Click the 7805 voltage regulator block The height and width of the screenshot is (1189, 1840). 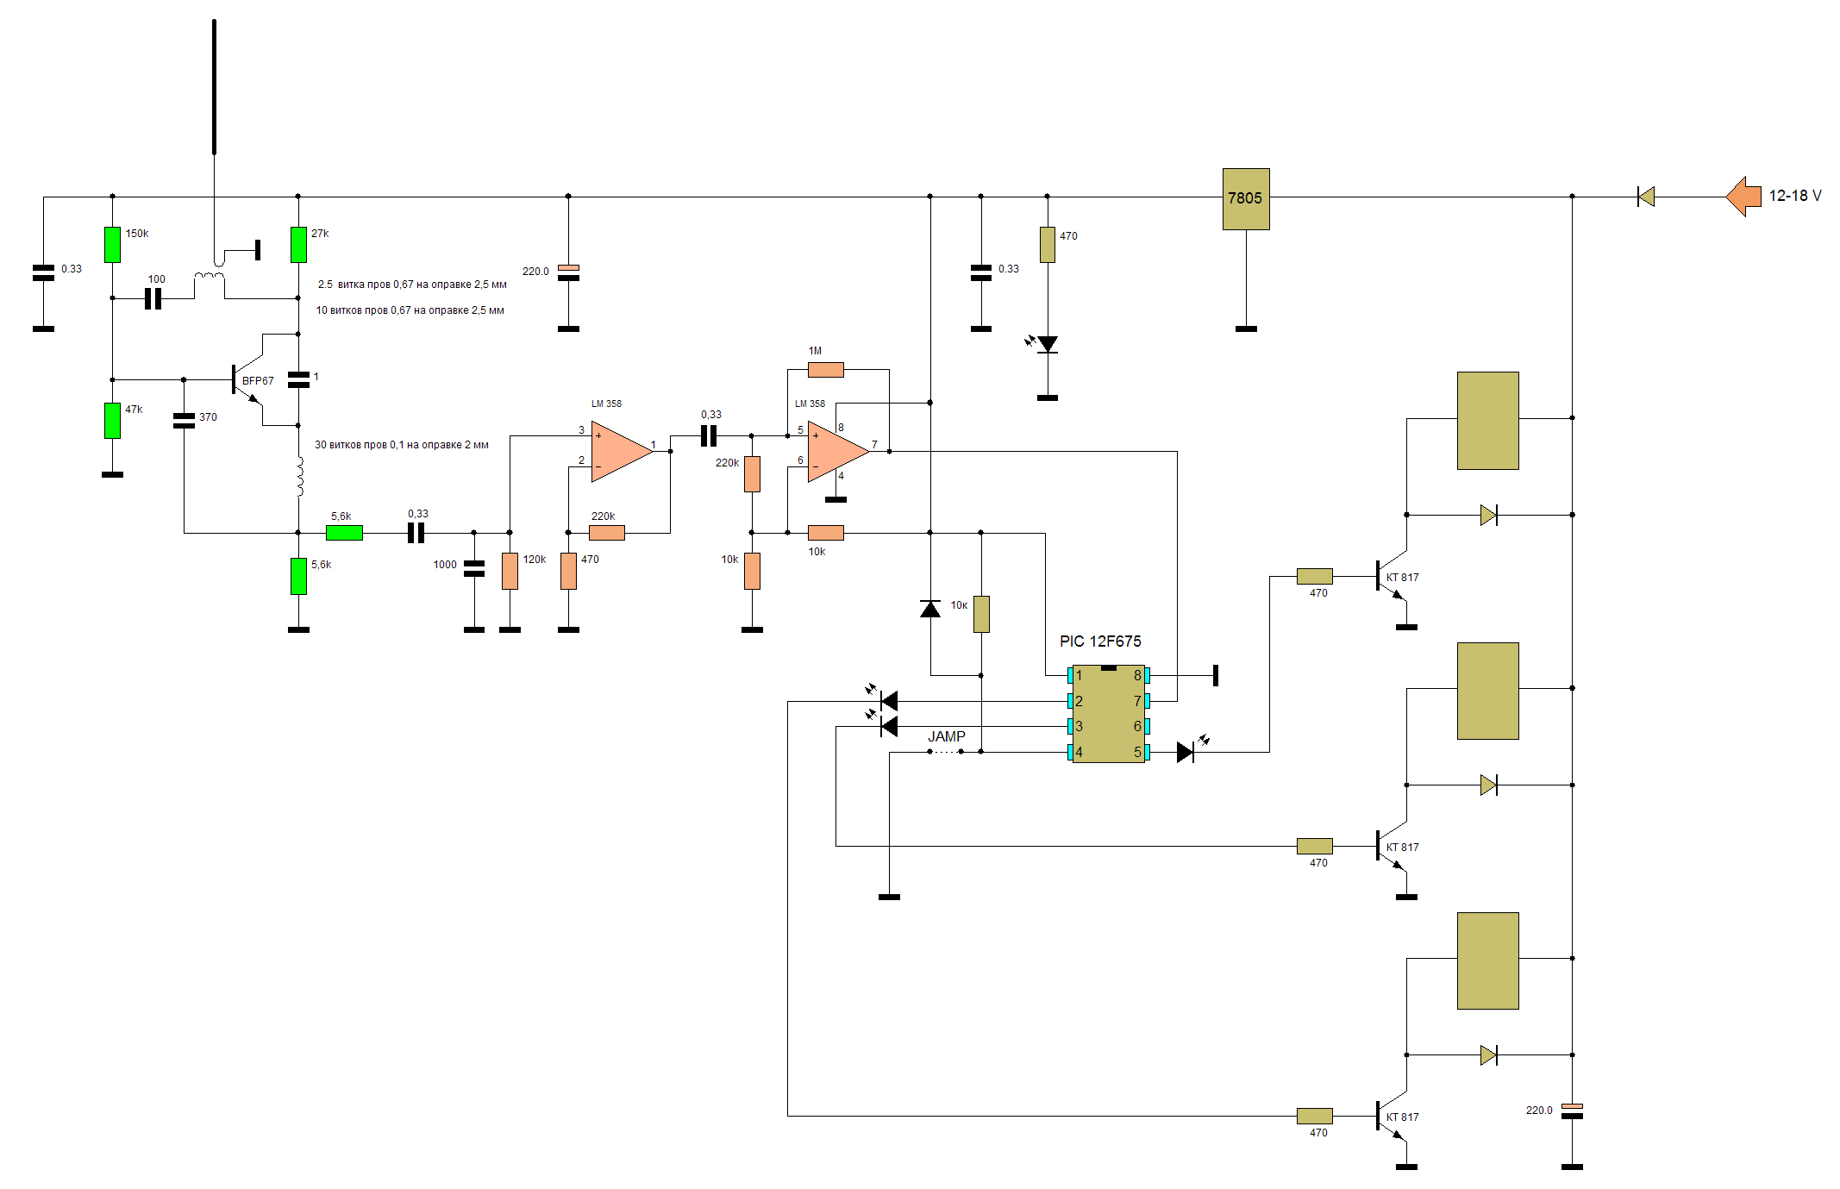(1245, 198)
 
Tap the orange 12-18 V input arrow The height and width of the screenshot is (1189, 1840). (1743, 197)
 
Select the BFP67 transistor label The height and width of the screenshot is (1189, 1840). (258, 380)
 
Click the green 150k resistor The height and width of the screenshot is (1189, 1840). (112, 244)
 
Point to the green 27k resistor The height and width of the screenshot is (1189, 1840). (298, 244)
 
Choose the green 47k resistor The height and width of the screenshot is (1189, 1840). (112, 420)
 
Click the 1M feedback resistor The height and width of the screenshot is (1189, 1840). (825, 370)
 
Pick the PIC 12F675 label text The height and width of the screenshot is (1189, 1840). (1099, 641)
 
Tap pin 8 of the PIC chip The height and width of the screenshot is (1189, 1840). (1146, 675)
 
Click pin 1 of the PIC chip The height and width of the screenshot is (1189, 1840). (1071, 675)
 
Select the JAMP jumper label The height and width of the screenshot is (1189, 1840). (946, 736)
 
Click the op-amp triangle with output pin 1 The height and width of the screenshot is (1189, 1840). (619, 451)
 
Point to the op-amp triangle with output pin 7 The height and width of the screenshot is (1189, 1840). (836, 451)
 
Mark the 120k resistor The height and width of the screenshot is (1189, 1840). (510, 571)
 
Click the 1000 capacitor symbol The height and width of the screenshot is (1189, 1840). (473, 568)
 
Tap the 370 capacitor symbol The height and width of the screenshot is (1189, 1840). (184, 420)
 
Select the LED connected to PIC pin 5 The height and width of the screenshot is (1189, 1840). (1186, 752)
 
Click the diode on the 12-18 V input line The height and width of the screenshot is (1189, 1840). (1646, 197)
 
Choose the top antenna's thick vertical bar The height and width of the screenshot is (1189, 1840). (214, 86)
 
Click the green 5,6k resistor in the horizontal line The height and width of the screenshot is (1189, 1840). (344, 533)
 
